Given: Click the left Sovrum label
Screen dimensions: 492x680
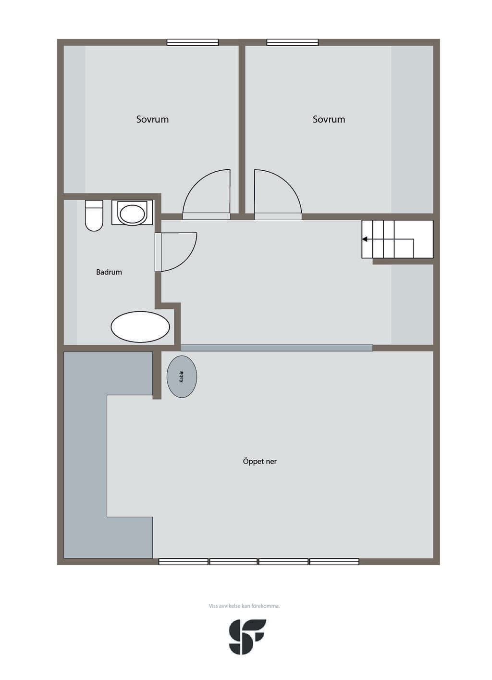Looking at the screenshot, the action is coord(152,119).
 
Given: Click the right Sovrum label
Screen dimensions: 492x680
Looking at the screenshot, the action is coord(329,119).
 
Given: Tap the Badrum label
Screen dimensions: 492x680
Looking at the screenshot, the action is coord(109,272).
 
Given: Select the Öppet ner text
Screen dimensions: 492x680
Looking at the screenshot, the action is coord(259,461).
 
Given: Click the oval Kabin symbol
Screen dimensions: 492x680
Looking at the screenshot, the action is coord(182,377).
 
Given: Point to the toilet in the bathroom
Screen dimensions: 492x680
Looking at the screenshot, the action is coord(94,215).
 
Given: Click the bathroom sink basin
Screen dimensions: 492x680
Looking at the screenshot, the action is coord(132,214).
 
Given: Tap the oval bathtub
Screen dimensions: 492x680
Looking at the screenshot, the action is coord(140,327).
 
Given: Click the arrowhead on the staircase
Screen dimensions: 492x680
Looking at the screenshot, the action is coord(365,239).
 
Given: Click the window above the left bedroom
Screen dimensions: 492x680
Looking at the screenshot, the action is coord(193,42).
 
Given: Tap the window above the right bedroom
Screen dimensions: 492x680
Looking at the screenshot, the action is coord(293,42).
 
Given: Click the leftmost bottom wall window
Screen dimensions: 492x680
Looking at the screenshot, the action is coord(184,562).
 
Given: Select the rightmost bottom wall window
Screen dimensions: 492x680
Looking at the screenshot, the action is coord(334,562).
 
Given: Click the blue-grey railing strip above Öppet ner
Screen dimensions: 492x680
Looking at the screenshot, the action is coord(277,348).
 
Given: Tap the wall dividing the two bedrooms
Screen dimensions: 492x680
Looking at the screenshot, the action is coord(242,129).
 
